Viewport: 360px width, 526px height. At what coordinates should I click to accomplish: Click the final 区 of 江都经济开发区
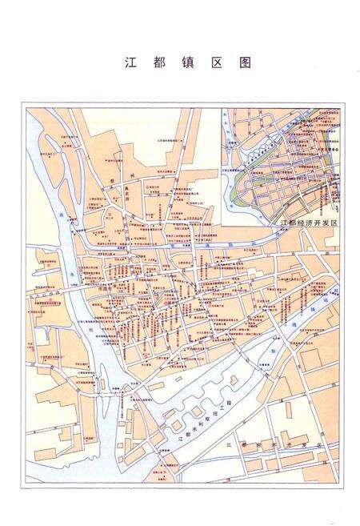(334, 222)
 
